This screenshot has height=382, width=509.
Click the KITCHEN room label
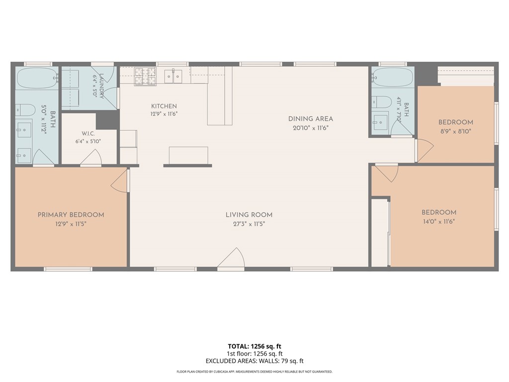coord(164,106)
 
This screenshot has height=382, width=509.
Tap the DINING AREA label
coord(311,119)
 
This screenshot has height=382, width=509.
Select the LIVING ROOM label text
coord(249,215)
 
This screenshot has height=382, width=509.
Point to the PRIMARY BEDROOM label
coord(71,215)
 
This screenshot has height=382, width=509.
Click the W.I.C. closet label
coord(88,134)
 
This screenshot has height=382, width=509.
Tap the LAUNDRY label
coord(102,86)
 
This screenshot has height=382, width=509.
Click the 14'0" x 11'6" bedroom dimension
coord(439,221)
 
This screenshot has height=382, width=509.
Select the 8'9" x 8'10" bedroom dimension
coord(455,131)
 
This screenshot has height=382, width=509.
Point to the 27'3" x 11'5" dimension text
coord(249,224)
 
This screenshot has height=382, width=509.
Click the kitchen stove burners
coord(145,77)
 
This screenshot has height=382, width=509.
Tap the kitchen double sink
coord(173,76)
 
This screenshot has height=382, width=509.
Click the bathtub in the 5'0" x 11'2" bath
coord(37,78)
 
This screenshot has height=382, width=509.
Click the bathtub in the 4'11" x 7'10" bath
coord(393,77)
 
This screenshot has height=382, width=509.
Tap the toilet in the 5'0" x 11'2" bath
coord(25,110)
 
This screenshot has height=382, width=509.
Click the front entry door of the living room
coord(231,259)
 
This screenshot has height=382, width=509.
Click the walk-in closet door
coord(91,157)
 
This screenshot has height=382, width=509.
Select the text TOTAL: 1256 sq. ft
coord(254,346)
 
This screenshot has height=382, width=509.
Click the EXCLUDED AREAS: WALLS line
coord(254,361)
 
